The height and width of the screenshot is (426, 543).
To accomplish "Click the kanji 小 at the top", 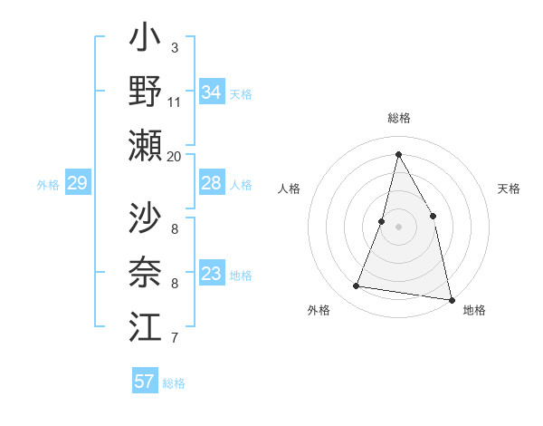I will coord(145,42).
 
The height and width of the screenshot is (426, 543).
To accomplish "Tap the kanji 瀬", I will coord(145,145).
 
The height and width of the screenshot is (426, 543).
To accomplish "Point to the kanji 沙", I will coord(145,218).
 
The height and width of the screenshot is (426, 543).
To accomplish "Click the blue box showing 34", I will coord(211,92).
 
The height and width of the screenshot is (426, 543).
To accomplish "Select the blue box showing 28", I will coord(211,184).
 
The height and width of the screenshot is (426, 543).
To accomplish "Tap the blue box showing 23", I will coord(211,274).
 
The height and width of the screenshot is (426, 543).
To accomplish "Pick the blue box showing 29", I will coord(77,184).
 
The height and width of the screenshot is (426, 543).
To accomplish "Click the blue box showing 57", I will coord(145,382).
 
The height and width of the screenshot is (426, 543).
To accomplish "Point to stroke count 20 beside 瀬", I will coord(175,156).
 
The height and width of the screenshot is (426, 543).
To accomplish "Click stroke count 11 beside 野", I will coord(175,102).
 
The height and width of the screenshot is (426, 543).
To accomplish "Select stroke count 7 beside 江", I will coord(175,338).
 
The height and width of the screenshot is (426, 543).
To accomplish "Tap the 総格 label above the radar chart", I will coord(398,119).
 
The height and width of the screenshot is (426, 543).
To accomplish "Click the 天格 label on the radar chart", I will coord(509,189).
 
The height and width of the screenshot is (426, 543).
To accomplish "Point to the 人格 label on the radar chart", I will coord(289,189).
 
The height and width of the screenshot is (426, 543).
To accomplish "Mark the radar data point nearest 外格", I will coord(357,286).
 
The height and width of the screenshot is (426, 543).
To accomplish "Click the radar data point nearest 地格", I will coord(451,299).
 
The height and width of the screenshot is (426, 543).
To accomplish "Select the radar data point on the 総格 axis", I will coord(398,153).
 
